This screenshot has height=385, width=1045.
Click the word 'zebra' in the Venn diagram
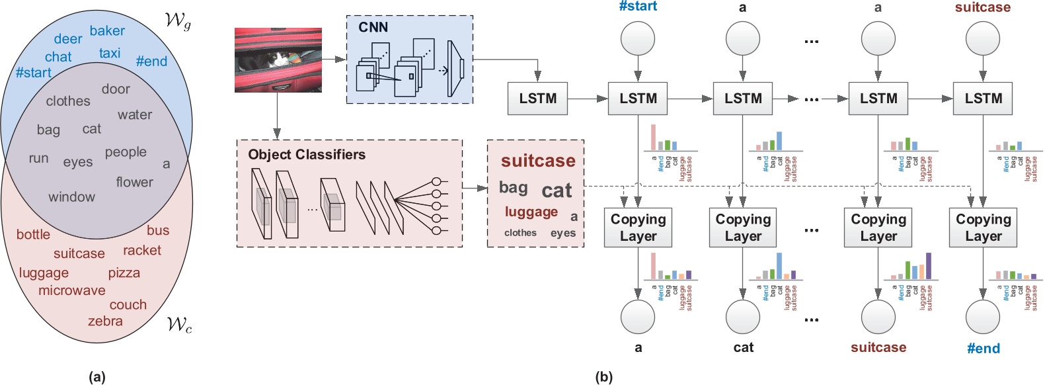(x=105, y=321)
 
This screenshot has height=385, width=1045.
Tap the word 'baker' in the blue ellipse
(x=107, y=31)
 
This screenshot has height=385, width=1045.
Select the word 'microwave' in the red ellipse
(x=71, y=290)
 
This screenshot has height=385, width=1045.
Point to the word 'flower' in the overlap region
(x=134, y=182)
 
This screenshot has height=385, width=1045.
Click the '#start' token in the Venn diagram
(x=33, y=73)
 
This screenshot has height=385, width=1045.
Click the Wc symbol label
(x=179, y=324)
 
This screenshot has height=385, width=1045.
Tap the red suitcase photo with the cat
(x=278, y=60)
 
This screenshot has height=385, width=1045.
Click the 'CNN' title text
(x=373, y=27)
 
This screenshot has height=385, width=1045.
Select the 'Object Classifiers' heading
(x=306, y=155)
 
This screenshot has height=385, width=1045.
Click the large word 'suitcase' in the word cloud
(x=538, y=161)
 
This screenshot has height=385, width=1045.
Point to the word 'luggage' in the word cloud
(x=531, y=212)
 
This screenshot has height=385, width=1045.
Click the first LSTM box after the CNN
(x=537, y=99)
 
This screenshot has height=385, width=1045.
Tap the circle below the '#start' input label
(x=638, y=38)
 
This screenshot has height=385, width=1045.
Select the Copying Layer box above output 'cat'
(x=743, y=228)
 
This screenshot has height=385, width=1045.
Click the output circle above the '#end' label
(x=983, y=317)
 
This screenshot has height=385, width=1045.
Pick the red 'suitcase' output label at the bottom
(x=878, y=347)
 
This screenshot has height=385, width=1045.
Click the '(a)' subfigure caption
(x=97, y=377)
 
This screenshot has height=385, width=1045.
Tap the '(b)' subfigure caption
(x=603, y=377)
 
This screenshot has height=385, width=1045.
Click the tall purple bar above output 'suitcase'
(x=929, y=266)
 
